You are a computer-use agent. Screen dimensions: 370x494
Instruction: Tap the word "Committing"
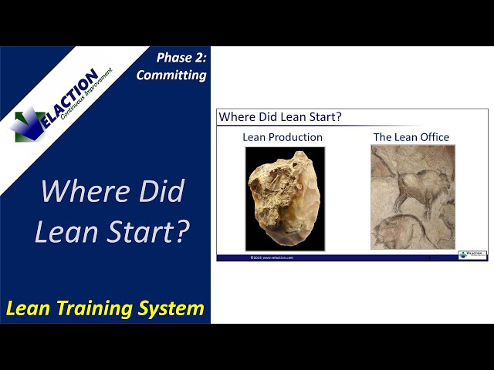[x=171, y=75]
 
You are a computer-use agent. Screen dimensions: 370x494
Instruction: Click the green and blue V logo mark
[x=29, y=123]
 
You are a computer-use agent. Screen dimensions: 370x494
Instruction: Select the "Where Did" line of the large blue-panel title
[x=112, y=190]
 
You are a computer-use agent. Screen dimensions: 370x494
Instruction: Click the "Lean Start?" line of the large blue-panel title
[x=112, y=231]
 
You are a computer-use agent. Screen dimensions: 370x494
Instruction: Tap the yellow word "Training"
[x=100, y=309]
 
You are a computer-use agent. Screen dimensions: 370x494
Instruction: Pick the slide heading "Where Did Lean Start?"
[x=280, y=117]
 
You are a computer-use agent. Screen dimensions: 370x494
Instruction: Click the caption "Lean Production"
[x=283, y=137]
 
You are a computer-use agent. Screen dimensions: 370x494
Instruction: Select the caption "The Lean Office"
[x=411, y=137]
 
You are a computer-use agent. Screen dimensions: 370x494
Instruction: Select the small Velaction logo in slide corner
[x=472, y=255]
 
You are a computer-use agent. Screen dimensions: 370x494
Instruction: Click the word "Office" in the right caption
[x=433, y=137]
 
